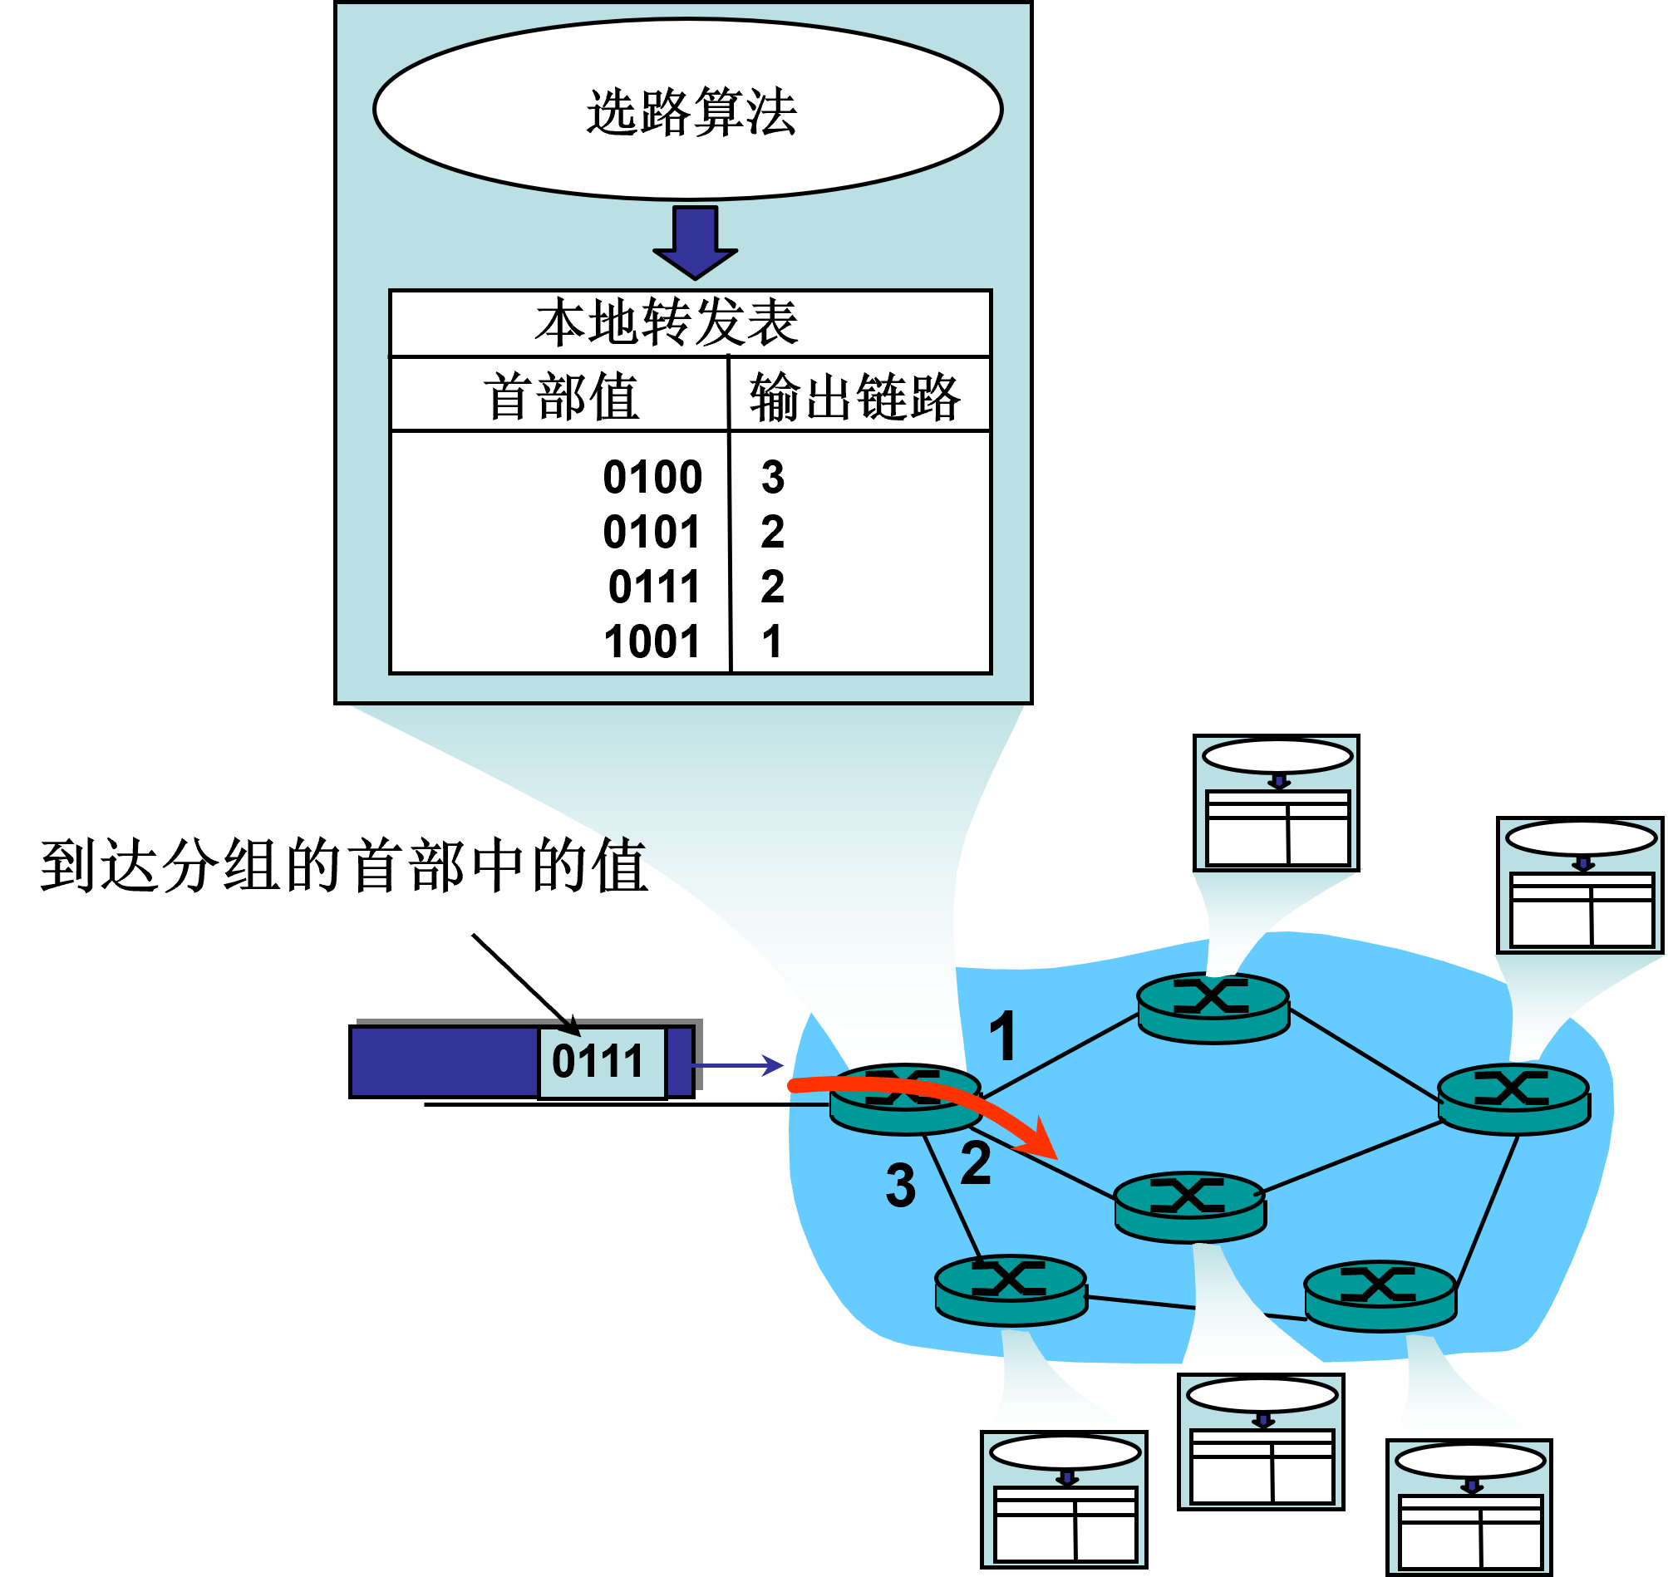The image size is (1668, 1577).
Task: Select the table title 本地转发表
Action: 666,323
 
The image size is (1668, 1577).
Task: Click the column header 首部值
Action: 561,397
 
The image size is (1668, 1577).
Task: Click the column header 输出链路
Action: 854,397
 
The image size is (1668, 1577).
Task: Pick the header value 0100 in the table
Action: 652,478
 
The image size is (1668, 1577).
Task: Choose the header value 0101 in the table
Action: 652,532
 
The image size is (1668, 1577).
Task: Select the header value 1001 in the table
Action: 652,641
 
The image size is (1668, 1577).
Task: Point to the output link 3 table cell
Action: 773,478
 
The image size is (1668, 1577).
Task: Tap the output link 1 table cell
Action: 771,641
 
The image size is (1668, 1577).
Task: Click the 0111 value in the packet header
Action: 597,1061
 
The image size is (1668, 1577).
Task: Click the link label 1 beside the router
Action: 1002,1035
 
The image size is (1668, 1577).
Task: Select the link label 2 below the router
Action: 975,1164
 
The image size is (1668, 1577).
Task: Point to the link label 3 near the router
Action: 900,1186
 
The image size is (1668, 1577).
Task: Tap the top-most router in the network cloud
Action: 1213,1007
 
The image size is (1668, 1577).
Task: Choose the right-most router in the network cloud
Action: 1513,1098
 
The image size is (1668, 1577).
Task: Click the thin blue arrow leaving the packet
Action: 738,1066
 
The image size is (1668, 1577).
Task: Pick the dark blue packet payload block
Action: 444,1061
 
